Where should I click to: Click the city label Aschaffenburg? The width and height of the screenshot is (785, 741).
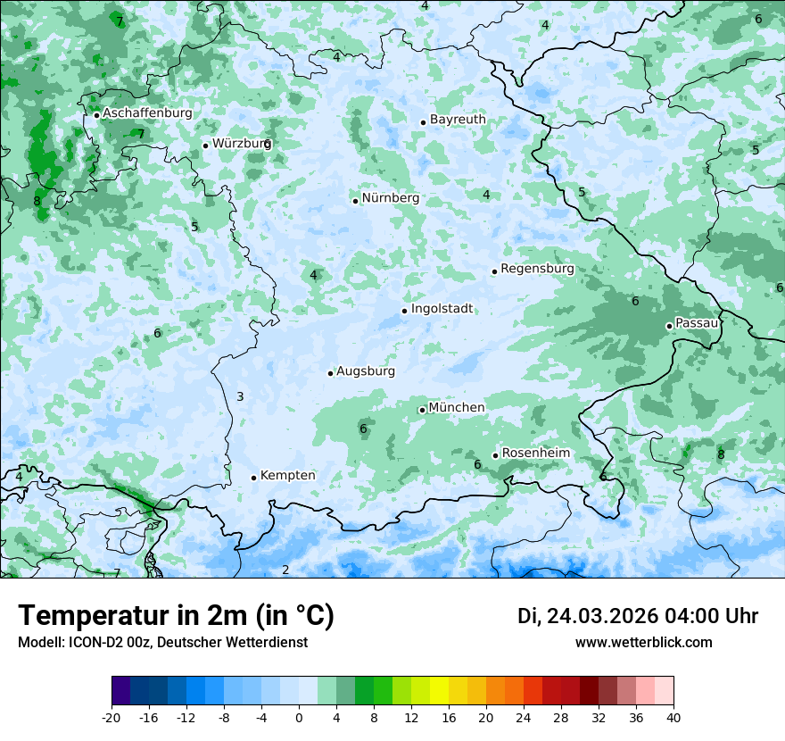147,113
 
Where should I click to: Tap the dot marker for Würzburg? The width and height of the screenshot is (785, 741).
205,146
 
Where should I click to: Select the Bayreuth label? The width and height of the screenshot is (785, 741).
458,120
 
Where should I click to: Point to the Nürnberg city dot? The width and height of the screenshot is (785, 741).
355,201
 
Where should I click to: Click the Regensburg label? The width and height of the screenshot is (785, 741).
537,269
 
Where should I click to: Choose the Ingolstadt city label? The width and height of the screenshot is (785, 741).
442,309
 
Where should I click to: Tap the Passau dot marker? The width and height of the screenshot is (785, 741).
669,326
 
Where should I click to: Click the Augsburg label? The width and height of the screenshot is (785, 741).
366,371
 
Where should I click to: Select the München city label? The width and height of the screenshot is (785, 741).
457,408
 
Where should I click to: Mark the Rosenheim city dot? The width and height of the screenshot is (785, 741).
495,455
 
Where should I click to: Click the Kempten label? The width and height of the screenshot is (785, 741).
287,476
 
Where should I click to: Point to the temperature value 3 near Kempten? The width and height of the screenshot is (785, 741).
240,396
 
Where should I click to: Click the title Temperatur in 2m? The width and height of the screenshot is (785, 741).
176,615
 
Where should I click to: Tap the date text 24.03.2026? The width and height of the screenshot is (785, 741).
601,616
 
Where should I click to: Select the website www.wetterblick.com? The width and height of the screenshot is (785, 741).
643,642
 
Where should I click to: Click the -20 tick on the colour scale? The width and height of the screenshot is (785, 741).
112,718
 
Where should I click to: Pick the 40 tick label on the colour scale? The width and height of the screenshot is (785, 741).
673,718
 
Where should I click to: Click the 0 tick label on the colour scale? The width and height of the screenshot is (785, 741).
299,718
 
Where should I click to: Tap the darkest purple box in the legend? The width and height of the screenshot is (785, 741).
120,691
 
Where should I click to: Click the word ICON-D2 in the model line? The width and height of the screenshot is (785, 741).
85,642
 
